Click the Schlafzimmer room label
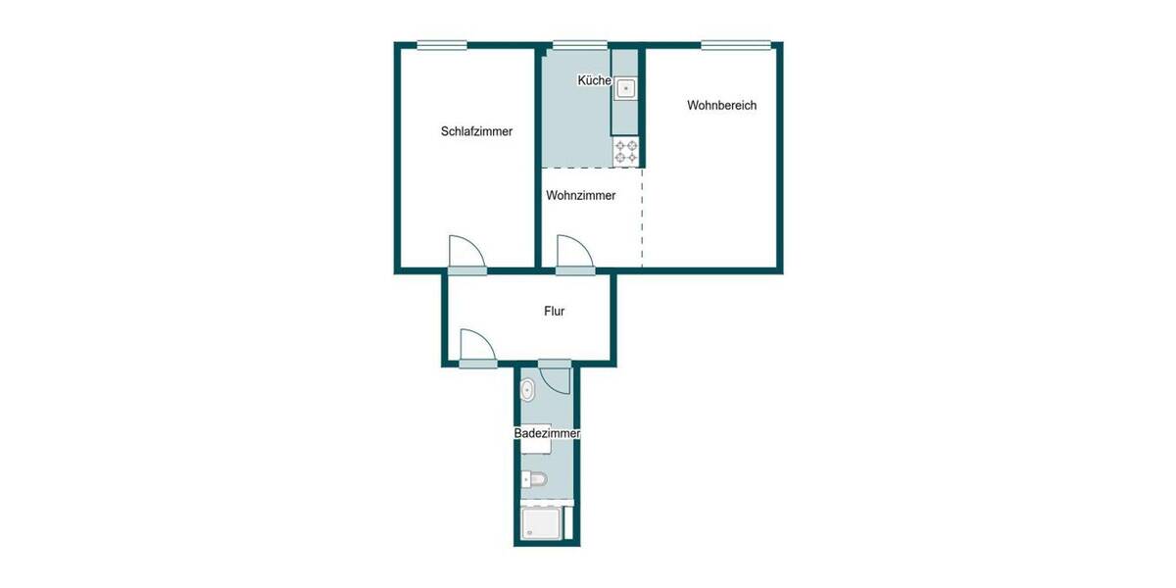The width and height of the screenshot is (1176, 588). pyautogui.click(x=476, y=131)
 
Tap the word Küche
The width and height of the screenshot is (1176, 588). pyautogui.click(x=595, y=80)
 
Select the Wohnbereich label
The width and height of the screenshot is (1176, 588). pyautogui.click(x=722, y=106)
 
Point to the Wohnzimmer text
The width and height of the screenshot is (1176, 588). pyautogui.click(x=581, y=196)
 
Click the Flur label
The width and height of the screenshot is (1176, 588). pyautogui.click(x=555, y=312)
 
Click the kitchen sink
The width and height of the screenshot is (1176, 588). pyautogui.click(x=625, y=90)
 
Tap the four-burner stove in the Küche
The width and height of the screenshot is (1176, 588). pyautogui.click(x=625, y=152)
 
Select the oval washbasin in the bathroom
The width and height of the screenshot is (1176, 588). pyautogui.click(x=528, y=390)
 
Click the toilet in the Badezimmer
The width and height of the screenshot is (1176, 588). pyautogui.click(x=533, y=479)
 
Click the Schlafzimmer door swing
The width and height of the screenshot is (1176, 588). pyautogui.click(x=466, y=252)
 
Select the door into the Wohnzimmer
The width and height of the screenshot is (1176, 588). pyautogui.click(x=573, y=252)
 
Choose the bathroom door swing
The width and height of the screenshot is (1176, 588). pyautogui.click(x=555, y=378)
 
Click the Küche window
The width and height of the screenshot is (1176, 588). pyautogui.click(x=579, y=44)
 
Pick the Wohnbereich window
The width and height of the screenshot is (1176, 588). pyautogui.click(x=735, y=44)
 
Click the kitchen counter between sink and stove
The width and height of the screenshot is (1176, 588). pyautogui.click(x=624, y=120)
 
